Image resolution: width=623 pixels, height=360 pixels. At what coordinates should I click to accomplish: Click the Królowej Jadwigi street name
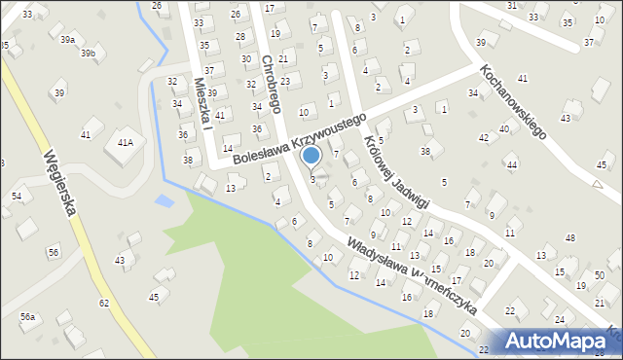click(x=396, y=171)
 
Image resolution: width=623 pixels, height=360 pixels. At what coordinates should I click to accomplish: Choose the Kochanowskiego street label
click(x=513, y=103)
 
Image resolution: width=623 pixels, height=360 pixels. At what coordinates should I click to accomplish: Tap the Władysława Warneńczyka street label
click(x=412, y=276)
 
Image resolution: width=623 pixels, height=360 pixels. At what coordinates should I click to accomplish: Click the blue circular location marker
click(x=311, y=155)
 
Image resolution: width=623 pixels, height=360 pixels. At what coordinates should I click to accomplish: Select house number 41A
click(x=125, y=142)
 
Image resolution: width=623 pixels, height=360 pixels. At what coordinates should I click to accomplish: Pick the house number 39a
click(x=66, y=40)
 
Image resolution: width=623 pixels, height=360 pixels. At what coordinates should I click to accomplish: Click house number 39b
click(x=89, y=53)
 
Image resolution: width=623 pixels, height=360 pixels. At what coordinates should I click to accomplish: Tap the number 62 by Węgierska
click(x=103, y=304)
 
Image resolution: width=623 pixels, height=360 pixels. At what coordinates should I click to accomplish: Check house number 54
click(x=16, y=197)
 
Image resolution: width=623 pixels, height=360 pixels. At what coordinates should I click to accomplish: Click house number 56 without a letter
click(x=53, y=252)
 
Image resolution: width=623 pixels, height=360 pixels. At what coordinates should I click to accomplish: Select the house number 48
click(x=570, y=237)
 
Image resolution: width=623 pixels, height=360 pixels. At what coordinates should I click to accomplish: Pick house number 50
click(x=599, y=276)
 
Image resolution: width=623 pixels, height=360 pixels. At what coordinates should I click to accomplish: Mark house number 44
click(x=511, y=165)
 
